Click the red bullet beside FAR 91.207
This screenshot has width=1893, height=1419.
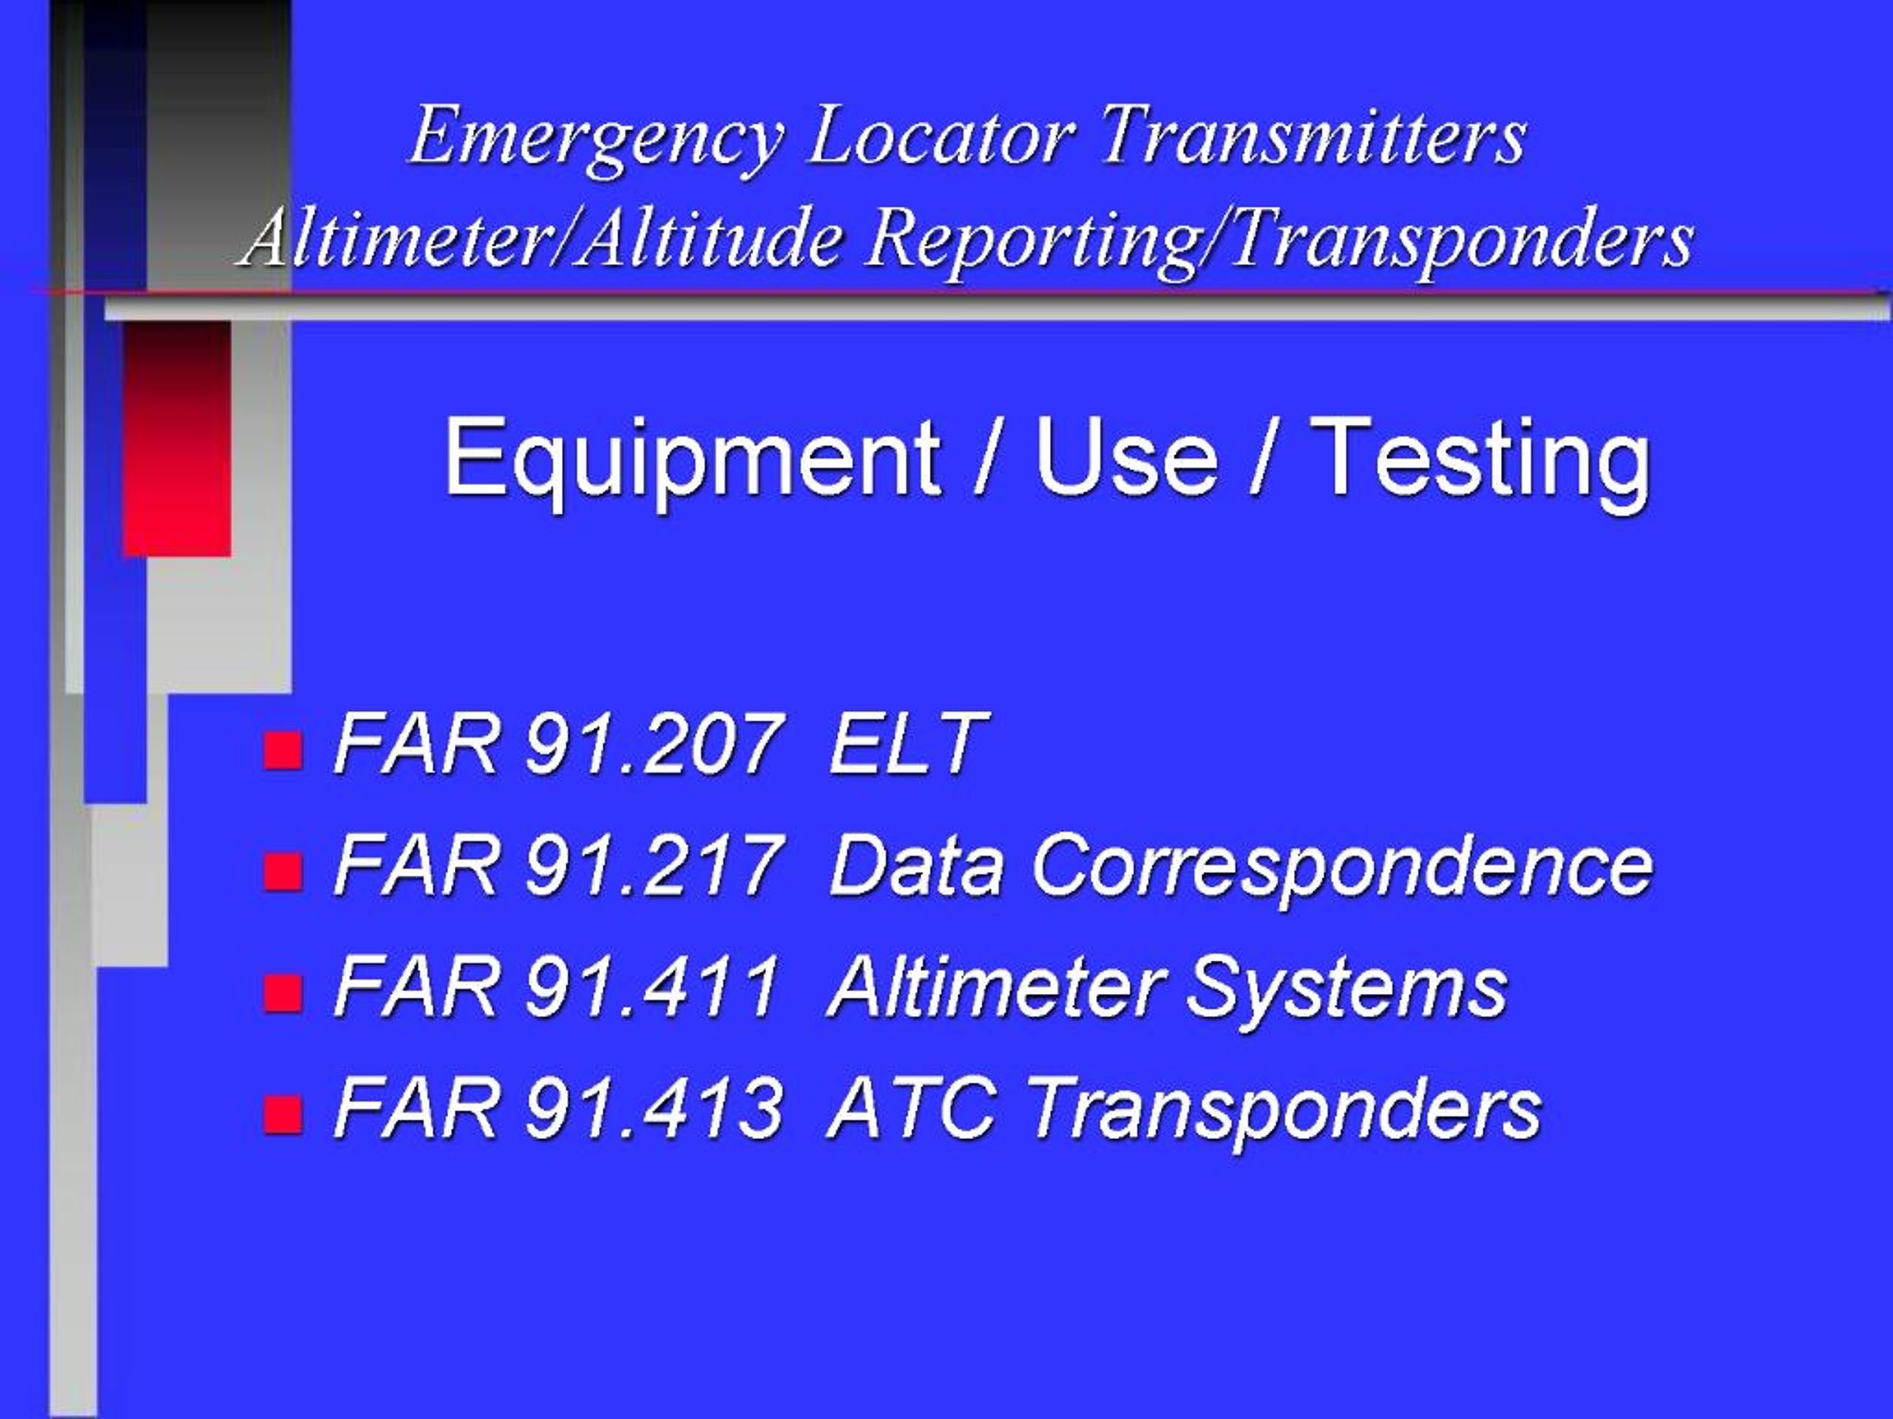click(282, 750)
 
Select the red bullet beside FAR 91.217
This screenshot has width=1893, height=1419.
click(282, 871)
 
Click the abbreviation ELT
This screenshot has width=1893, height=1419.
click(907, 744)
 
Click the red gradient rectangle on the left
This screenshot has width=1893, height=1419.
click(177, 439)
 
